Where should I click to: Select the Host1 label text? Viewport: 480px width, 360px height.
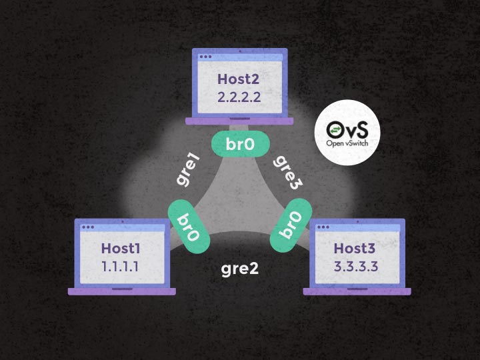point(122,249)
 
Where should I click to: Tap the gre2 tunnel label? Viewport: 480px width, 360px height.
point(239,270)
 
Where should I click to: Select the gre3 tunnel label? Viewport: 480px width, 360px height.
point(289,171)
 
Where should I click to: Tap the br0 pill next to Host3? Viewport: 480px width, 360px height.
point(291,227)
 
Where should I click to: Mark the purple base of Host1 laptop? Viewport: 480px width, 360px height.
point(122,291)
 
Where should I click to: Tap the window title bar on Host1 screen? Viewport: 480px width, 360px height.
point(122,228)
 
